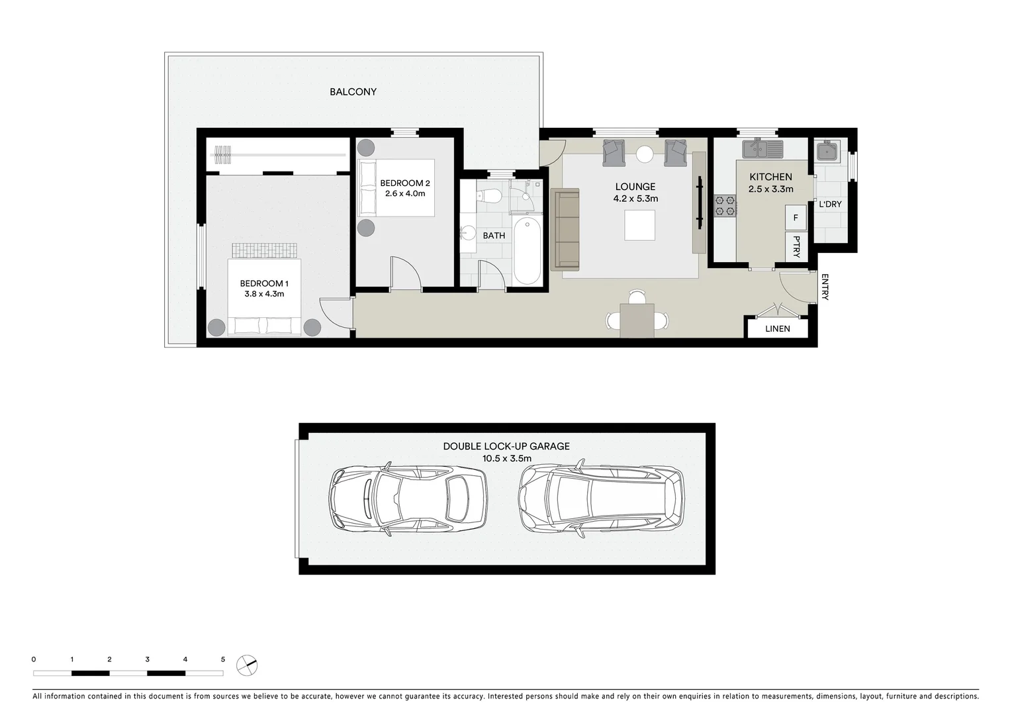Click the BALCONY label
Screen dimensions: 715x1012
(353, 92)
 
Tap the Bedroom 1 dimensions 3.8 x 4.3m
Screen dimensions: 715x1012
(264, 294)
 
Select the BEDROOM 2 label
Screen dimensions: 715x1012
(405, 183)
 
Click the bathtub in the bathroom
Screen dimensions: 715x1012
(527, 252)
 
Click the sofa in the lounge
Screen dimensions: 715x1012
(565, 229)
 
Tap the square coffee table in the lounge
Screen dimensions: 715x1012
(640, 225)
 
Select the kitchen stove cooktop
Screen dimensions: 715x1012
(724, 205)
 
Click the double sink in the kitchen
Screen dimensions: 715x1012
(762, 149)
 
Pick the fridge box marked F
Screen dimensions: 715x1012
(796, 218)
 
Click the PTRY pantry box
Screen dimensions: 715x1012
(796, 247)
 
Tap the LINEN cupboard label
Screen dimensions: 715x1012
(777, 328)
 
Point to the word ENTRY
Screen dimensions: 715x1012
(825, 287)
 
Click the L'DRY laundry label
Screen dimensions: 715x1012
(830, 204)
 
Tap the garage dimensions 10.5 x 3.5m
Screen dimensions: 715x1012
(506, 458)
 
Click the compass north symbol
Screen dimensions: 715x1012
(247, 665)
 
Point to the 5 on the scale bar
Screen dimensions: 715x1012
(223, 659)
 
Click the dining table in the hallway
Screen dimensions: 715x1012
(637, 320)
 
